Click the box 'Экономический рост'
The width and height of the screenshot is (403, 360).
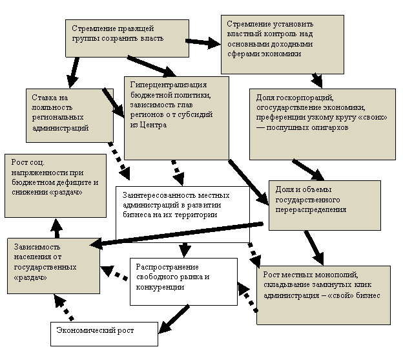click(x=104, y=334)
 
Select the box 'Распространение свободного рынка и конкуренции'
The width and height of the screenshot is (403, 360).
click(x=183, y=282)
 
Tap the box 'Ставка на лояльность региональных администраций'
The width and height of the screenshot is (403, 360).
click(x=70, y=116)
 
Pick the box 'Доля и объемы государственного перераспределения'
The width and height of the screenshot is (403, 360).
click(x=325, y=205)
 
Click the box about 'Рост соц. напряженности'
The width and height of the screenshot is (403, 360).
click(x=56, y=185)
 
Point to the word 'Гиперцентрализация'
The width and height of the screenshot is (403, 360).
click(x=169, y=85)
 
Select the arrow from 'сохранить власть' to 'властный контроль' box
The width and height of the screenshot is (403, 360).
click(x=203, y=43)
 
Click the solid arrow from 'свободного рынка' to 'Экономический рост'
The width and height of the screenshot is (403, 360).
click(x=174, y=319)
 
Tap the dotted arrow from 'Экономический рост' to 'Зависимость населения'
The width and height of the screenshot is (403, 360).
click(x=63, y=307)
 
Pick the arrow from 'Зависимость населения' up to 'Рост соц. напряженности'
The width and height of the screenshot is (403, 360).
click(x=57, y=228)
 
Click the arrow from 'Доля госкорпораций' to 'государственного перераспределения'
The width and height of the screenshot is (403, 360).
click(x=308, y=170)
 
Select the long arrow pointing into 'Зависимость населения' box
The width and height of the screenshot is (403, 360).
click(x=176, y=235)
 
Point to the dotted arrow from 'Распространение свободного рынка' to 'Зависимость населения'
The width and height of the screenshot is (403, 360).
click(x=114, y=273)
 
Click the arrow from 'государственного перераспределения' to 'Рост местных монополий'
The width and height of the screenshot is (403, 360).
click(x=314, y=248)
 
